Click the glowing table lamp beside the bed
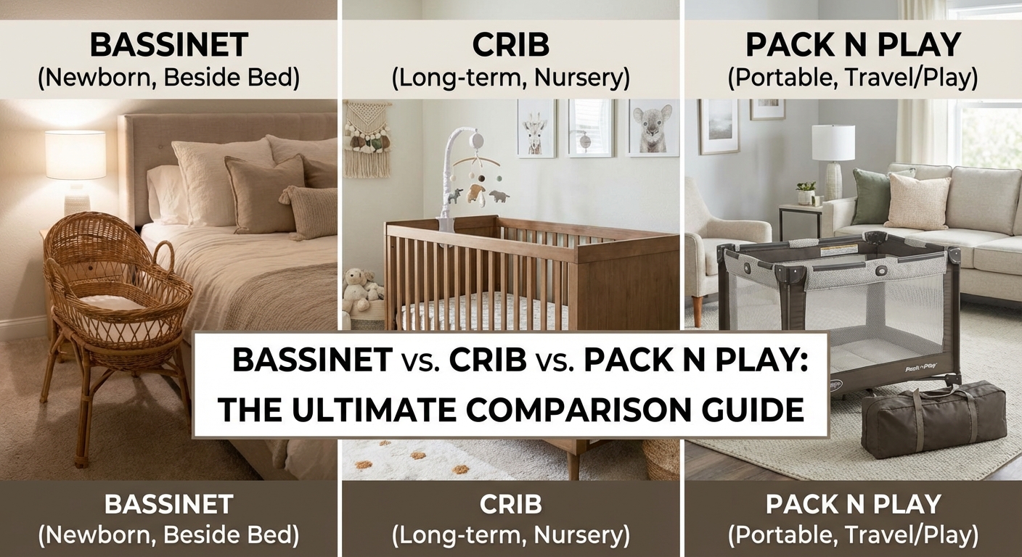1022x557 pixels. (75, 156)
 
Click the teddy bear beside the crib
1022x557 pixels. (358, 286)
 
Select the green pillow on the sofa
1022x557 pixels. (869, 196)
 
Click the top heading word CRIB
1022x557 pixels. (510, 46)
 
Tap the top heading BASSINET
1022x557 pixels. (168, 46)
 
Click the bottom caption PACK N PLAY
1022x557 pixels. (853, 503)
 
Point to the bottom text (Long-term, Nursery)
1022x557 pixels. (510, 535)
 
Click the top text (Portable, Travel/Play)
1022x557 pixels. (853, 77)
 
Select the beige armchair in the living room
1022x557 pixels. (726, 239)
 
